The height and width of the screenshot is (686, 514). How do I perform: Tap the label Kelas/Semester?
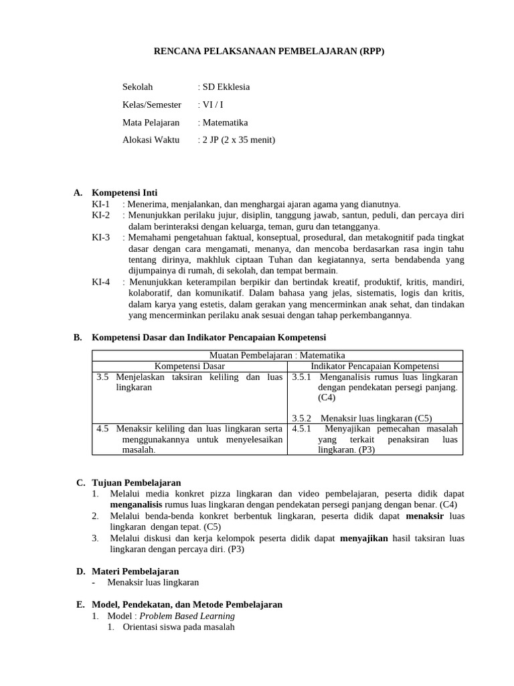coord(152,105)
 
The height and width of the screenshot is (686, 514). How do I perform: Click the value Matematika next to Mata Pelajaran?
coord(225,123)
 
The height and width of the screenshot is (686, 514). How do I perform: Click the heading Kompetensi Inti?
coord(124,192)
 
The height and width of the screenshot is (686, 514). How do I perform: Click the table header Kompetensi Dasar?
coord(190,366)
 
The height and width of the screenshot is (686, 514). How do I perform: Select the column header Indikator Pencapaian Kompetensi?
coord(375,366)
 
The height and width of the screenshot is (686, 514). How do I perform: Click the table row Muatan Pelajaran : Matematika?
coord(277,355)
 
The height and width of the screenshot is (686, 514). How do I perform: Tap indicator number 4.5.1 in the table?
coord(303,428)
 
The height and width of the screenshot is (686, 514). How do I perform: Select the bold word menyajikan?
coord(364,538)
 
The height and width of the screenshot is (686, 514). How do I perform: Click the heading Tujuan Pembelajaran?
coord(137,482)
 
